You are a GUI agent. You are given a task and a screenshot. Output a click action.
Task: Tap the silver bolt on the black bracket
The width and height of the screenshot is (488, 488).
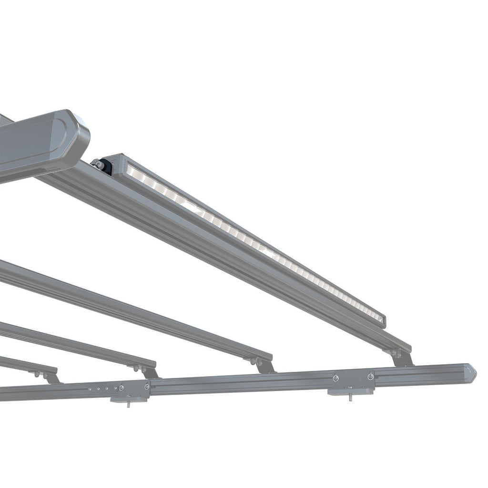pos(98,164)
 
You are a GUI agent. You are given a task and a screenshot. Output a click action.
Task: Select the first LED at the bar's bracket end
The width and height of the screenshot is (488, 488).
pos(133,170)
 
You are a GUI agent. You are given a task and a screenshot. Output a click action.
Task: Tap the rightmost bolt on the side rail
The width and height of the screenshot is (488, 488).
pos(370,376)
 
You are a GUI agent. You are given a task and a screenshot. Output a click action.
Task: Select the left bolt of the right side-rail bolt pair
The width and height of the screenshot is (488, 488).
pos(335,378)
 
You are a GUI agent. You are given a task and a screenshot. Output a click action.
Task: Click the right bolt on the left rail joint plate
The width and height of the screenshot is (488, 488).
pos(147,386)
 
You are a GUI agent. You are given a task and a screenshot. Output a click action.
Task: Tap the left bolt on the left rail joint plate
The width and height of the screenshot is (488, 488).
pos(122,388)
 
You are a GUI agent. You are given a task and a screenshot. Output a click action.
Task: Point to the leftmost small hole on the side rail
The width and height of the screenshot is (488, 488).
pos(89,389)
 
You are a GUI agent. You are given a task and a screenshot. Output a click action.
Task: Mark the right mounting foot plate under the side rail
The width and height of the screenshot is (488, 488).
pos(350,391)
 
